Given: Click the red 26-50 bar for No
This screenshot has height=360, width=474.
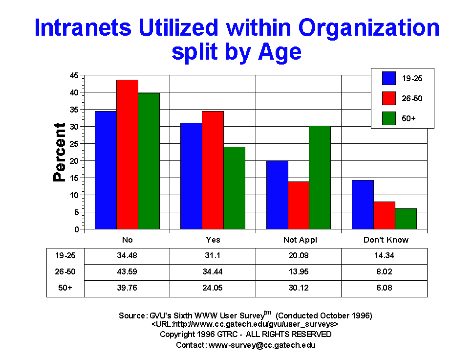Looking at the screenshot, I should point(127,154).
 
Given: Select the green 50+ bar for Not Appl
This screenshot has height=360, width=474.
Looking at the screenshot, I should point(320,177).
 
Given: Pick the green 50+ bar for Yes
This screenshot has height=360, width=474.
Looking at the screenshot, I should point(234,188).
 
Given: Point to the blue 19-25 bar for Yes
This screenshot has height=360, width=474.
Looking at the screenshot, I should point(191,176).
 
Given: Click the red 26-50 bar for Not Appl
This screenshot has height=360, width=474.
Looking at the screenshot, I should point(298,205).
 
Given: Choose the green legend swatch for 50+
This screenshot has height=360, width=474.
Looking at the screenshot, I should point(389,117).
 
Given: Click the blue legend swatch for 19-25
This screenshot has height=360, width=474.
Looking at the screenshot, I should point(389,78).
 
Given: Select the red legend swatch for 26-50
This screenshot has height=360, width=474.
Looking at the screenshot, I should point(389,98).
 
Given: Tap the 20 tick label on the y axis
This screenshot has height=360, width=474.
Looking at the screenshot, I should point(75,161).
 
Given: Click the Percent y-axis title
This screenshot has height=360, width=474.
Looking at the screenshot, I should point(60,152).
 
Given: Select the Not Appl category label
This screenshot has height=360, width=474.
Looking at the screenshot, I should point(299,240).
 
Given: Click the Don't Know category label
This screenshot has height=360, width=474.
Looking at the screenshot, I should point(386,240).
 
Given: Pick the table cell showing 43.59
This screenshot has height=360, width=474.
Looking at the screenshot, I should point(127,271).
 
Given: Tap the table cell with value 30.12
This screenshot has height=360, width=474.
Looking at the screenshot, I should point(299,288).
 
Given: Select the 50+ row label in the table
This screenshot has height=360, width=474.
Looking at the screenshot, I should point(65,288).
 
